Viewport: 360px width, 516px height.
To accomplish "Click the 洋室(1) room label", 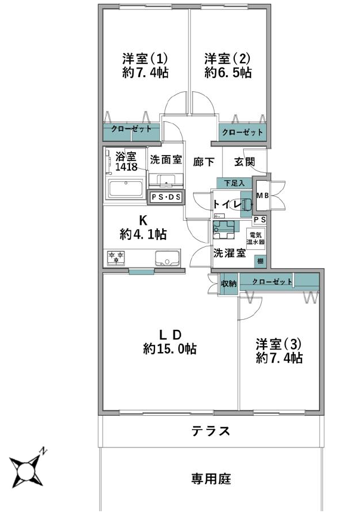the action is click(145, 59).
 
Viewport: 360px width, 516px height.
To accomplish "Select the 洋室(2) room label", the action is click(227, 59).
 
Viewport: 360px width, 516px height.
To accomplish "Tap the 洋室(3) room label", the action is click(279, 345).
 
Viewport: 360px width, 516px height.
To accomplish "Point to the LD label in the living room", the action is click(170, 335).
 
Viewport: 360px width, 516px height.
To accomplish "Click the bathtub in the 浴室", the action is click(126, 189).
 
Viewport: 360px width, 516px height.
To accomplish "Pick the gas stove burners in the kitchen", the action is click(116, 257).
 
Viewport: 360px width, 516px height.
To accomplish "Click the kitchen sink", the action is click(167, 257).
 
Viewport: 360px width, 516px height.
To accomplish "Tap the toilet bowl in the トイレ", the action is click(240, 205).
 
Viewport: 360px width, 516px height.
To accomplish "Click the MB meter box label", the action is click(263, 196).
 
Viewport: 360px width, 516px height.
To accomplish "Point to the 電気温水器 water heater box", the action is click(256, 238).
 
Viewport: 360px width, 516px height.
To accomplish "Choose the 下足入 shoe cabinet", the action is click(234, 183).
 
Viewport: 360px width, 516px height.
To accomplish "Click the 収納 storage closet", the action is click(228, 283).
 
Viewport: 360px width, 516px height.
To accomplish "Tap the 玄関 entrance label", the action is click(244, 162).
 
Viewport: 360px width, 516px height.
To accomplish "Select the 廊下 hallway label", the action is click(204, 162).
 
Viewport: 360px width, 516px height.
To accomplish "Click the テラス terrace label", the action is click(211, 431).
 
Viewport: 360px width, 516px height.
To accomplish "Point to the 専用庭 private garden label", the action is click(211, 478).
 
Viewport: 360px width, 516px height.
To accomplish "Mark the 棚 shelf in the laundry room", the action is click(260, 262).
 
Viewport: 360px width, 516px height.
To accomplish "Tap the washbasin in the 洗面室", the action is click(166, 180).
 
